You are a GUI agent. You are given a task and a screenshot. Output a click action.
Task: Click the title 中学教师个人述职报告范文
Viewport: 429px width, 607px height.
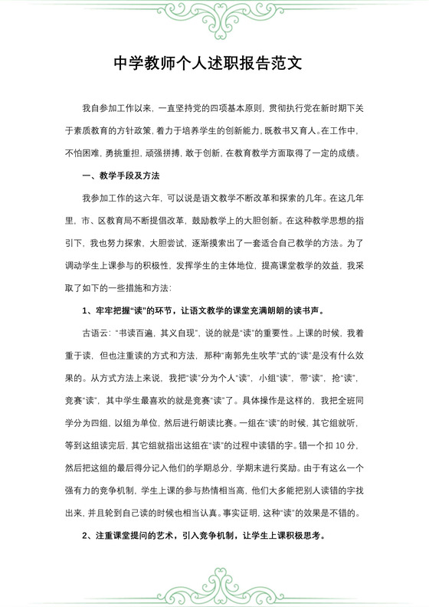tap(214, 64)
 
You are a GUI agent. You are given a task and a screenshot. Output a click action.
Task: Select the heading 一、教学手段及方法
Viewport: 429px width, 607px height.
tap(121, 176)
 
